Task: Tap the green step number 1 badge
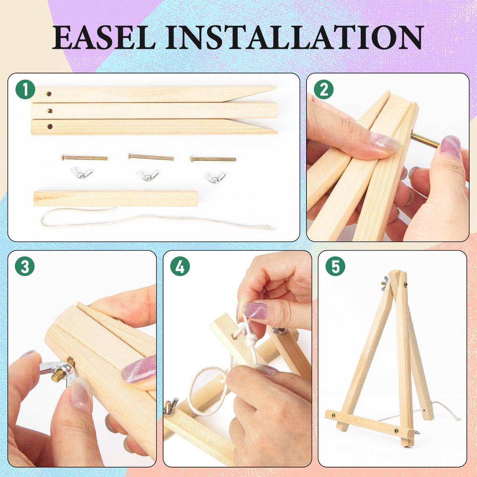(x=26, y=89)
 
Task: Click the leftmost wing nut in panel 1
(x=81, y=172)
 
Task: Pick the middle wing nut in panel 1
(x=148, y=175)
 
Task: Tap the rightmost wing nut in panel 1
(x=215, y=177)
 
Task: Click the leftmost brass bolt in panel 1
(x=84, y=158)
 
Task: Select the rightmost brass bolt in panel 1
(x=213, y=159)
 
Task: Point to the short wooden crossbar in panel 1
(x=116, y=198)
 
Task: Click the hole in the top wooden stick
(x=49, y=94)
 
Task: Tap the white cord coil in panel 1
(x=157, y=220)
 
